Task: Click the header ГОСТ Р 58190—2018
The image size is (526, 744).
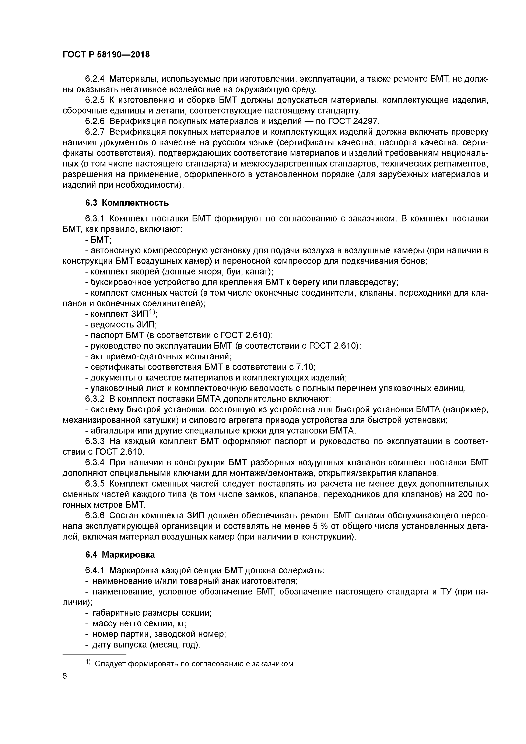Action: (x=106, y=55)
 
